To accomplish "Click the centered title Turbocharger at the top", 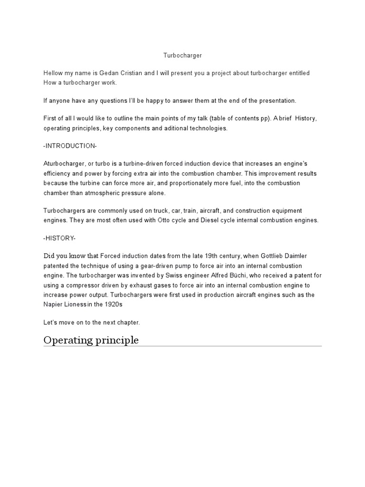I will [x=182, y=56].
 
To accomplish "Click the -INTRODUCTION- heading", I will [x=70, y=146].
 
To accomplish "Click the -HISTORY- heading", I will [x=59, y=237].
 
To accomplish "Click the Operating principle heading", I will [x=91, y=340].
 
